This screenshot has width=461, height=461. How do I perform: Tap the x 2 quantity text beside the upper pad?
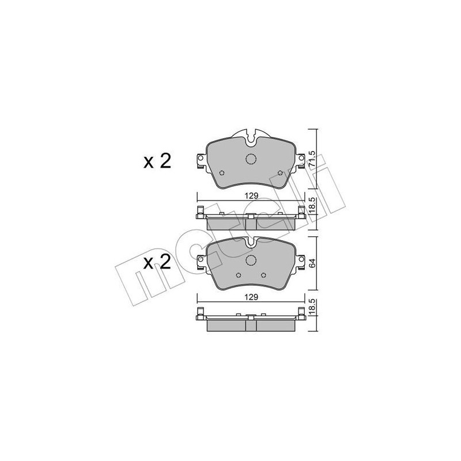coord(157,161)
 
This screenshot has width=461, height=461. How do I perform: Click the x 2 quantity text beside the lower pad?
coord(157,263)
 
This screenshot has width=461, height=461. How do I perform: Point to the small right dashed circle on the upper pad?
coord(279,173)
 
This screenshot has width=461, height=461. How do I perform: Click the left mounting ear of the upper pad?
coord(201,160)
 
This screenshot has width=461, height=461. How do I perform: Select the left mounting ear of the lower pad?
coord(201,262)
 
